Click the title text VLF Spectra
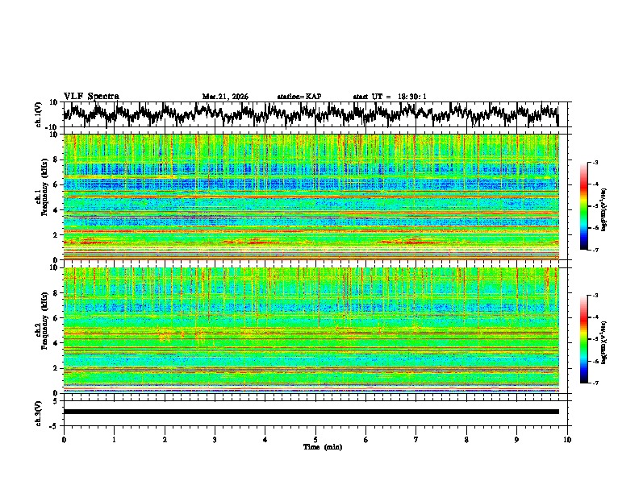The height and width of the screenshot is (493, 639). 91,96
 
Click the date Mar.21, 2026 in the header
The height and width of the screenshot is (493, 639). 225,97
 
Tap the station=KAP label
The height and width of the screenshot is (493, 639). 299,97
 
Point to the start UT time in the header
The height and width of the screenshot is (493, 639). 390,97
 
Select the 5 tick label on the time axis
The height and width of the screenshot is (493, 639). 315,439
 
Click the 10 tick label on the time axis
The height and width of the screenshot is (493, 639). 567,439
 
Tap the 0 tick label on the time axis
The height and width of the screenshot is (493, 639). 64,439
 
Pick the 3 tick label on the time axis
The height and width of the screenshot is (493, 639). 215,439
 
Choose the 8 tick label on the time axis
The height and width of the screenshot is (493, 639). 466,439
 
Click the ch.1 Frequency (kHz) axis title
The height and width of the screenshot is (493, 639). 42,197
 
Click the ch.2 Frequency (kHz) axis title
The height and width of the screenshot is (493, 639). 42,329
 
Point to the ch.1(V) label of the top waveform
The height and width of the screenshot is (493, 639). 39,114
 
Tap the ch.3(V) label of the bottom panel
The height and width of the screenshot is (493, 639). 39,412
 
